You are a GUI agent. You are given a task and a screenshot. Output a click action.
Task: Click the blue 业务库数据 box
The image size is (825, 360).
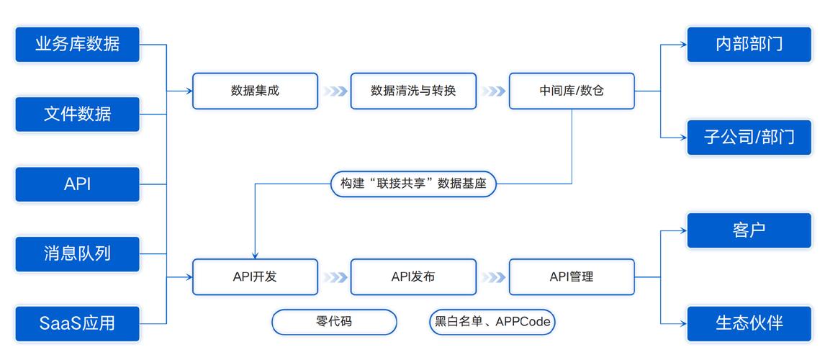(77, 44)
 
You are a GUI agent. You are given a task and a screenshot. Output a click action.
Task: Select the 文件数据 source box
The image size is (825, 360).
(77, 114)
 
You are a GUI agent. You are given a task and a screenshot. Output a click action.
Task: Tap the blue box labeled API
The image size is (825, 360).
(77, 184)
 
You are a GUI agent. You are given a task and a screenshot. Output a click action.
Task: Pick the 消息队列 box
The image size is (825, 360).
(77, 253)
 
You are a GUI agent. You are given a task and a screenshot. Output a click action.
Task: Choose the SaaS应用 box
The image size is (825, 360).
(77, 323)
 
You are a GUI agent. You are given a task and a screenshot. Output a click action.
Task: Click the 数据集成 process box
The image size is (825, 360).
(255, 91)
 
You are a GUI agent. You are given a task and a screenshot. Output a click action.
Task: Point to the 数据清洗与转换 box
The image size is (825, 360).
(413, 91)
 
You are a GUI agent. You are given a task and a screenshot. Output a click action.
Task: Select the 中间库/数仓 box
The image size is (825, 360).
(572, 91)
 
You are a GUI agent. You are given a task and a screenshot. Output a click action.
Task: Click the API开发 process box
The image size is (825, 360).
(255, 276)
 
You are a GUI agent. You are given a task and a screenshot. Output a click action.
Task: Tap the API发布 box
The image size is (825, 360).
(413, 276)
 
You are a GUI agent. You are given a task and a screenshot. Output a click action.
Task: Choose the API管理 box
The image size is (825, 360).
(572, 276)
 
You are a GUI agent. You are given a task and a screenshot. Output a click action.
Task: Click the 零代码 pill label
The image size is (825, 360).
(334, 322)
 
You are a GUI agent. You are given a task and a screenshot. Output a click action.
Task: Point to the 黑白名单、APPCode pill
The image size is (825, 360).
(492, 322)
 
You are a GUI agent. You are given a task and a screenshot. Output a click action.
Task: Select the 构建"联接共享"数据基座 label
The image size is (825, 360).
(413, 184)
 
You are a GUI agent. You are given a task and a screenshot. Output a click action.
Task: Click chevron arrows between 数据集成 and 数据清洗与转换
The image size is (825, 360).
(334, 91)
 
